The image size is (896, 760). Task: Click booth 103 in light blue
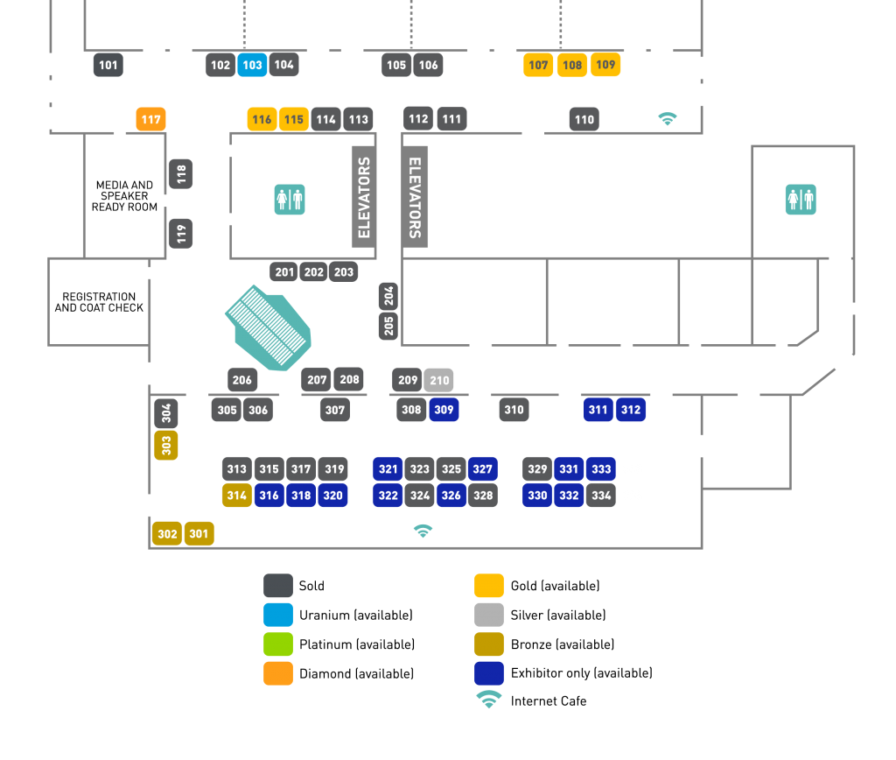pyautogui.click(x=252, y=65)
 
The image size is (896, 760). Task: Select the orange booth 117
pyautogui.click(x=150, y=119)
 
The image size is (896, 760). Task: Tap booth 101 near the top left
pyautogui.click(x=108, y=65)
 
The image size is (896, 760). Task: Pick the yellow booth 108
pyautogui.click(x=572, y=65)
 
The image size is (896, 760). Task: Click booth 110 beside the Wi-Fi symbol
pyautogui.click(x=584, y=120)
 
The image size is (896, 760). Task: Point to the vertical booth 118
pyautogui.click(x=181, y=174)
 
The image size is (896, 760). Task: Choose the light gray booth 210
pyautogui.click(x=439, y=380)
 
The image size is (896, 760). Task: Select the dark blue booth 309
pyautogui.click(x=444, y=410)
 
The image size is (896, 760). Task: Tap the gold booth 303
pyautogui.click(x=166, y=445)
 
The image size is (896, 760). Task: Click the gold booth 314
pyautogui.click(x=237, y=496)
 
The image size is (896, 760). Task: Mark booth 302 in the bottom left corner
pyautogui.click(x=167, y=533)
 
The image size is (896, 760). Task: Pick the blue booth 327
pyautogui.click(x=483, y=469)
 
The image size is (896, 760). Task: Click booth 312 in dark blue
pyautogui.click(x=631, y=410)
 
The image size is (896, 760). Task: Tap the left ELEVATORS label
pyautogui.click(x=364, y=197)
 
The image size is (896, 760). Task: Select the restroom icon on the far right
pyautogui.click(x=801, y=200)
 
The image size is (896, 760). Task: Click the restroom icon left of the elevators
pyautogui.click(x=290, y=200)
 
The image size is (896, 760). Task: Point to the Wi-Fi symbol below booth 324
pyautogui.click(x=423, y=531)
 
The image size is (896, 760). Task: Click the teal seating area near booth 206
pyautogui.click(x=269, y=327)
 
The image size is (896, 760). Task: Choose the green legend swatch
pyautogui.click(x=278, y=644)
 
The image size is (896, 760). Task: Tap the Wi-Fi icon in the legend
pyautogui.click(x=489, y=699)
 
